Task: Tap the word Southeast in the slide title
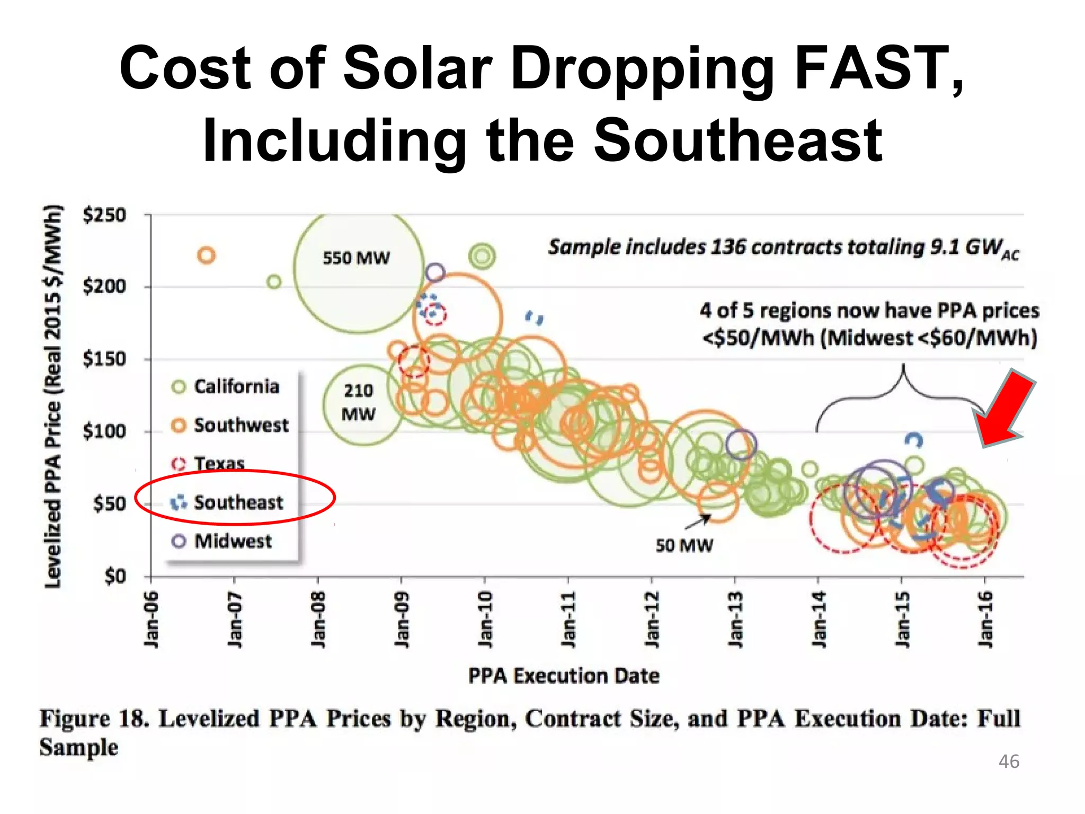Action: [737, 141]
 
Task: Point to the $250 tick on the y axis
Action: [104, 215]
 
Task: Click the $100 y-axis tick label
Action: [104, 431]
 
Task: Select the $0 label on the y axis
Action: [115, 576]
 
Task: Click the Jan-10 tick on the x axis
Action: [485, 619]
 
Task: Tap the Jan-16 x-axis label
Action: [985, 619]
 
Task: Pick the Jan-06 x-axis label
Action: [152, 619]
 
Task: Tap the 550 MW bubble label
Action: [356, 258]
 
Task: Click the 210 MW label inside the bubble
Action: [358, 402]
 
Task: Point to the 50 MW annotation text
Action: [684, 545]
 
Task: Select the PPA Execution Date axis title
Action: [564, 676]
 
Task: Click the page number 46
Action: [1008, 762]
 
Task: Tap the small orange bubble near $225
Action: [206, 255]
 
